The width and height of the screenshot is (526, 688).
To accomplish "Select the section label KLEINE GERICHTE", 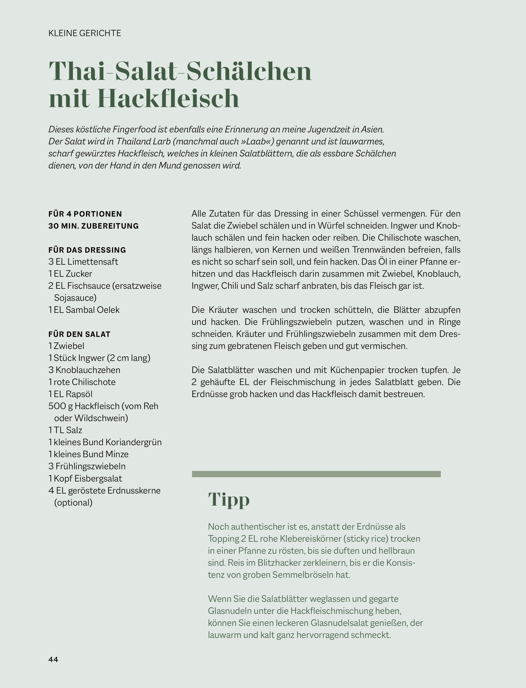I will (85, 33).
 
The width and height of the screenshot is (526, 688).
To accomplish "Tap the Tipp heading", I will (229, 499).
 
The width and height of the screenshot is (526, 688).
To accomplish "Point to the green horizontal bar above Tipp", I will (316, 474).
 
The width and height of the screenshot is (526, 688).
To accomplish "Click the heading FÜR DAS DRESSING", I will (87, 250).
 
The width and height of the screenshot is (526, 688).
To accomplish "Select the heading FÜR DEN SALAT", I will (79, 334).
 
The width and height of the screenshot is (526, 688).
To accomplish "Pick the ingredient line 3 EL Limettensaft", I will (83, 262).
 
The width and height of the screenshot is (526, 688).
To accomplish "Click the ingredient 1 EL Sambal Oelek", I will (84, 310).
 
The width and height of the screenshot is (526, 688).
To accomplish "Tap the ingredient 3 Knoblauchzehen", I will (84, 370).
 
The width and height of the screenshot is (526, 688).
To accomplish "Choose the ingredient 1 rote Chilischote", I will (82, 382).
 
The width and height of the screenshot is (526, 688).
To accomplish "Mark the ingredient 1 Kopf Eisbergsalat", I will (85, 478).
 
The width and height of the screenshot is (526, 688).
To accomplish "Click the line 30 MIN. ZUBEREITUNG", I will (93, 226).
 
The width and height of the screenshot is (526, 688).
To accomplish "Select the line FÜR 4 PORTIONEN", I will (85, 214).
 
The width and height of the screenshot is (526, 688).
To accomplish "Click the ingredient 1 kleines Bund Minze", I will (88, 454).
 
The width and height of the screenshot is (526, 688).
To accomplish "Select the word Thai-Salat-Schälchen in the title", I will (180, 71).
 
